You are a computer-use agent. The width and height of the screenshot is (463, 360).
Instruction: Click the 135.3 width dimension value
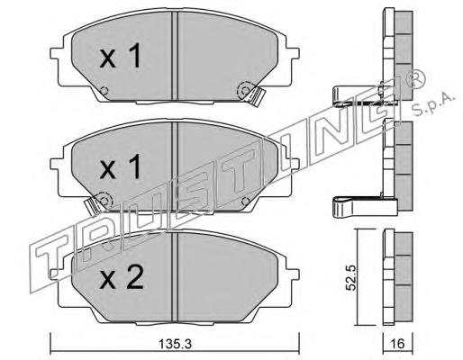(175, 344)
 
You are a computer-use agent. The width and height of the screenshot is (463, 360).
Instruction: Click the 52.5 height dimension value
(350, 277)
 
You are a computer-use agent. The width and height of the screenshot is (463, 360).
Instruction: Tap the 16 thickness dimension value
(398, 344)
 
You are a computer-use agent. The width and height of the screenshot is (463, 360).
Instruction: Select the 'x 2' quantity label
(122, 278)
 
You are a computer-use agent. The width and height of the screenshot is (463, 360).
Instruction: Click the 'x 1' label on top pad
(121, 56)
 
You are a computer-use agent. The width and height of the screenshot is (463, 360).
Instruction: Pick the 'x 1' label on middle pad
(121, 166)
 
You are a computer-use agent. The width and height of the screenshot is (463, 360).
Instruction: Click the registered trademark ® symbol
(415, 79)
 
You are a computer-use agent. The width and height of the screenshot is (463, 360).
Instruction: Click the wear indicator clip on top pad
(255, 96)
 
